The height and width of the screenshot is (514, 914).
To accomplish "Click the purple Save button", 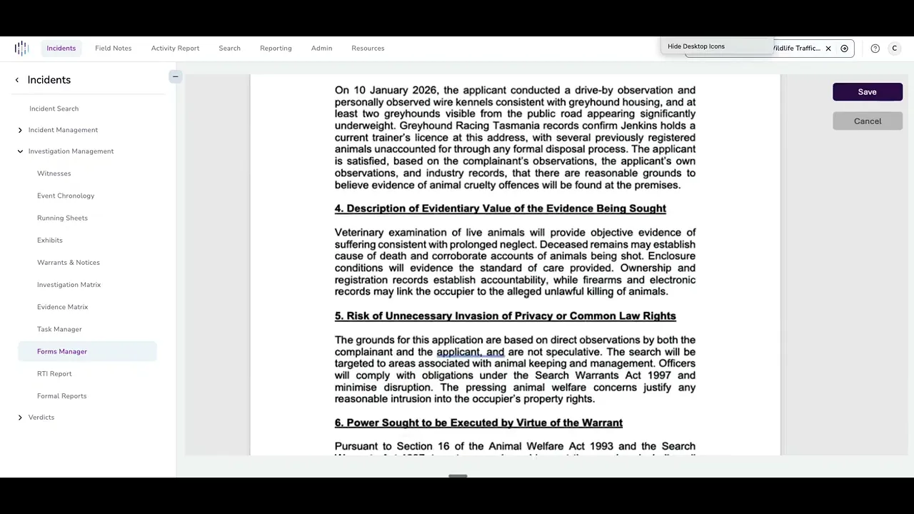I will (867, 92).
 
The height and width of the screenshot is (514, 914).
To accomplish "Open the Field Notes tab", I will (113, 49).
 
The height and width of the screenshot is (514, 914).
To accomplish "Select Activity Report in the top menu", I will (175, 49).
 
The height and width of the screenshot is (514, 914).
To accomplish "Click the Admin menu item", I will (321, 49).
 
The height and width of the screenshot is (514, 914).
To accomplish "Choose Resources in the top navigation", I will (368, 49).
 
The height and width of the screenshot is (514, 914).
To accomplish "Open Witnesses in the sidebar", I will (54, 173).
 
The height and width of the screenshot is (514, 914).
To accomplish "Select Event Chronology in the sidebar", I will (66, 196).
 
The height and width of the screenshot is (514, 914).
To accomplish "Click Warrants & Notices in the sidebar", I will (69, 263).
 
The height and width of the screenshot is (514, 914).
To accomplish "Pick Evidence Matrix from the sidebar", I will (63, 307).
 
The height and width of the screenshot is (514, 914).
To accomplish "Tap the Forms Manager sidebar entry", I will (62, 351).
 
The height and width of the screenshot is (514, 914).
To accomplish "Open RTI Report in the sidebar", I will (54, 374).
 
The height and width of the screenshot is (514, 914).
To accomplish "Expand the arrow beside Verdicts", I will (20, 418).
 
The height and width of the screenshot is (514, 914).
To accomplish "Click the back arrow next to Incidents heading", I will (17, 80).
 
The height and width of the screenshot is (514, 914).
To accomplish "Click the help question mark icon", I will (875, 49).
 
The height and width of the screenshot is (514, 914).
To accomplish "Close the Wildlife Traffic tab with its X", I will (828, 49).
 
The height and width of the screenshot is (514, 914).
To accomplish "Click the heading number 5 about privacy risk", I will (339, 316).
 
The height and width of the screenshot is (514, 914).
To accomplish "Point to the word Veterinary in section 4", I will (359, 233).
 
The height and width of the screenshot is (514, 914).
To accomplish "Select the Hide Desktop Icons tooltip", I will (696, 46).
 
